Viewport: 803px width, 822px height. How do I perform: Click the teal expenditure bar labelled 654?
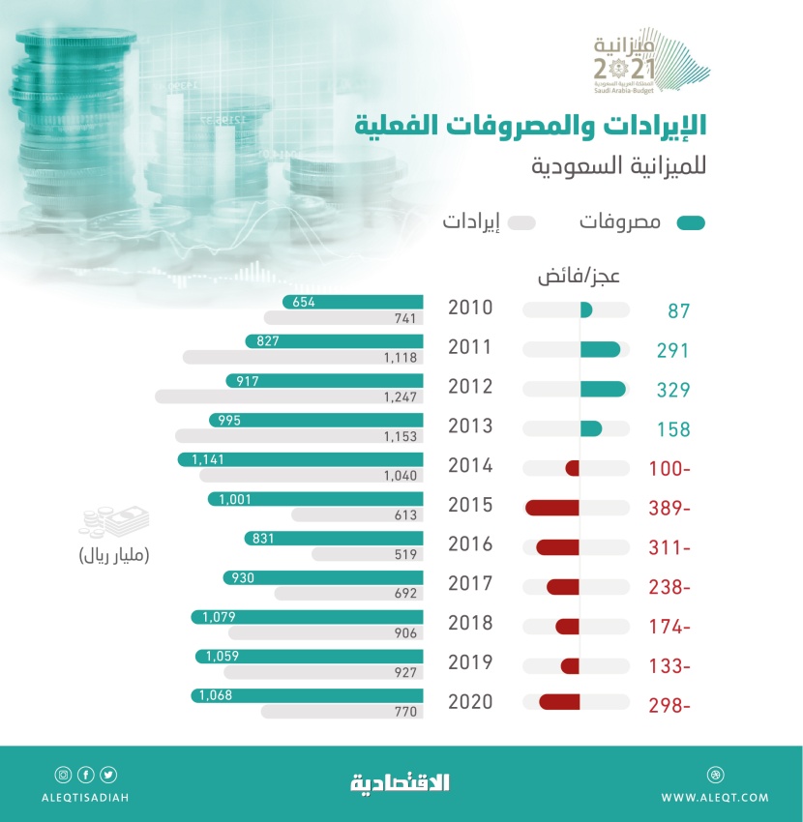353,303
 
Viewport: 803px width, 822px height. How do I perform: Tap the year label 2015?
470,505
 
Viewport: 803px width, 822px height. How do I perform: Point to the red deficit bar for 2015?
552,508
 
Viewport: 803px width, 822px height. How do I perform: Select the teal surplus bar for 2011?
600,350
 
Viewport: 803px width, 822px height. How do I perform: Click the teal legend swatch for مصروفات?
691,223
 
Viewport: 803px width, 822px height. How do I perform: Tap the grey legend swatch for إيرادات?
521,223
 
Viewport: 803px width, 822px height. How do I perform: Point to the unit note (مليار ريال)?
114,556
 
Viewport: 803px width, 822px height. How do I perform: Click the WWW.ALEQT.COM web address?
715,797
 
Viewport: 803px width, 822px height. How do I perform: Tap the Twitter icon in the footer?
107,774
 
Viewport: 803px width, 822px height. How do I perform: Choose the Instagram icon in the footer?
63,774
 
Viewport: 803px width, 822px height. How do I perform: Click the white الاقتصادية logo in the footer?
400,782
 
